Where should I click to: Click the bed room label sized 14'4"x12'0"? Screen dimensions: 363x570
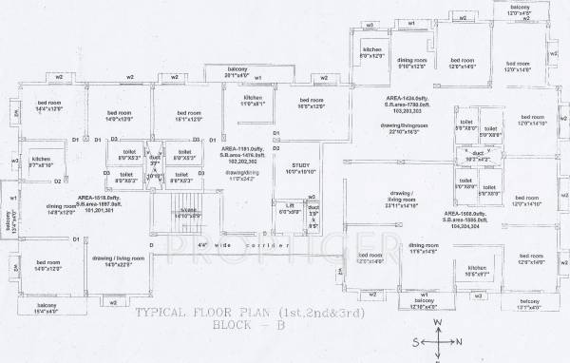47,105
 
